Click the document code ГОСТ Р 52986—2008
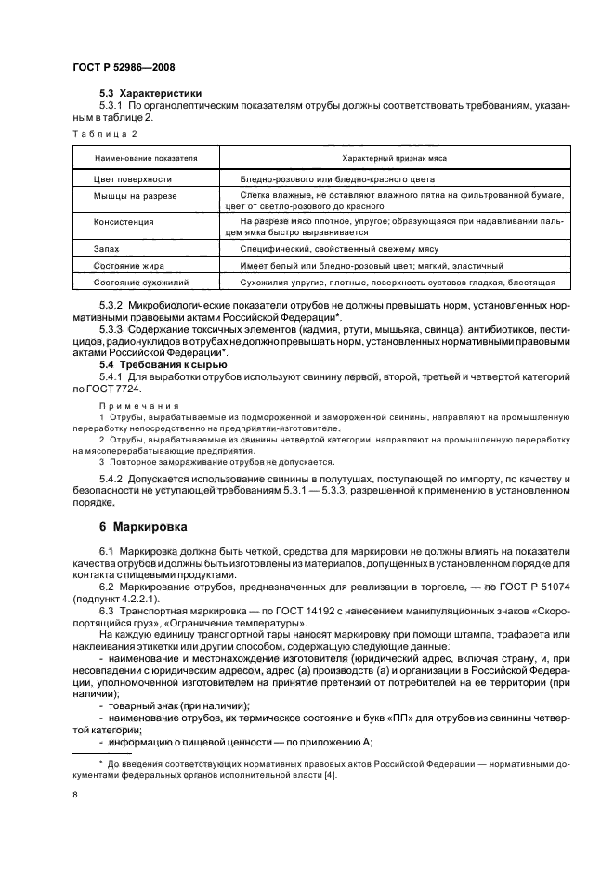[124, 68]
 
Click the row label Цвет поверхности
[133, 178]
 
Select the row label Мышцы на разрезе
[136, 196]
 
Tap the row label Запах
[107, 249]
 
